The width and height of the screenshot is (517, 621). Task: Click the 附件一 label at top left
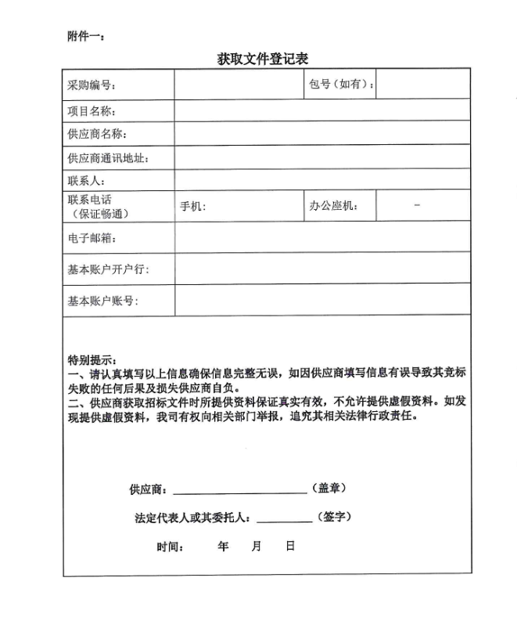pos(86,35)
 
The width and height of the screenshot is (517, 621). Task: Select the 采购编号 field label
pos(92,85)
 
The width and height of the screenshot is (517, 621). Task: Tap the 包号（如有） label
pos(340,84)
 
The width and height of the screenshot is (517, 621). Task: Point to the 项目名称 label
pos(92,111)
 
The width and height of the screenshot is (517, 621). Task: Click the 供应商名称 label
pos(97,135)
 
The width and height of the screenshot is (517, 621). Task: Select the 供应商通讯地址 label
pos(107,158)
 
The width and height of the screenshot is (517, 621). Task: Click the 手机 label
pos(192,207)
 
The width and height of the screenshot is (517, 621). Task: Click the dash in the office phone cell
pos(417,205)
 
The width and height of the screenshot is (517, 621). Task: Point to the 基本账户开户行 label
pos(107,270)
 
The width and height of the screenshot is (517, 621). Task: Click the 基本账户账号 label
pos(102,301)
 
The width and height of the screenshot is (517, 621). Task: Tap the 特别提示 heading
pos(92,360)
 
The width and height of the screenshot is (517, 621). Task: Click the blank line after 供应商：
pos(239,491)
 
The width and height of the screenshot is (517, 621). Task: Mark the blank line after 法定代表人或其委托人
pos(284,519)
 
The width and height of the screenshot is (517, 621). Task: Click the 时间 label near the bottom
pos(170,547)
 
